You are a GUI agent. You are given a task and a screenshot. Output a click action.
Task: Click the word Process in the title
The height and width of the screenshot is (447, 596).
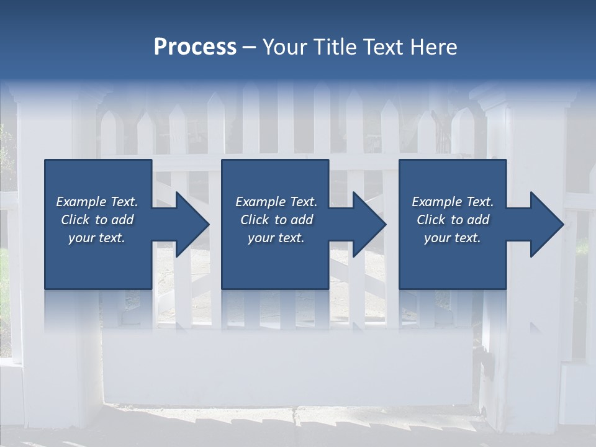195,47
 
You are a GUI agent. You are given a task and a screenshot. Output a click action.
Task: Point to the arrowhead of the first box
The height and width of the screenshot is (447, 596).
192,224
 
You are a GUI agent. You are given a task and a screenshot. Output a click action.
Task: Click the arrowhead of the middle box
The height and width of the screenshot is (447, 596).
369,224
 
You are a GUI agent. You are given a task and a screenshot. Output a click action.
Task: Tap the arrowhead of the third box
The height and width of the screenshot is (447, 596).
547,224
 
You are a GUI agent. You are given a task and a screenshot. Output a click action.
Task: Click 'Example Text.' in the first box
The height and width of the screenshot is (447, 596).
97,202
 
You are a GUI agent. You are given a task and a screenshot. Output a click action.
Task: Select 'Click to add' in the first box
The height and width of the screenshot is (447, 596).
97,220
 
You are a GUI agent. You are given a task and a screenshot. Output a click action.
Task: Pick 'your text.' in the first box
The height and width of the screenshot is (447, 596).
97,238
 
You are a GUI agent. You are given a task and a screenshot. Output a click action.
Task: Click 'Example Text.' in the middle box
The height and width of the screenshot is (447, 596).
276,202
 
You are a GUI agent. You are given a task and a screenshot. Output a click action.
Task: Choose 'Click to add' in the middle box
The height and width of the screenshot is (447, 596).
276,220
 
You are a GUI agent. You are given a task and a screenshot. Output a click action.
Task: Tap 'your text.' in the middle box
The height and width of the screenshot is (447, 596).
276,238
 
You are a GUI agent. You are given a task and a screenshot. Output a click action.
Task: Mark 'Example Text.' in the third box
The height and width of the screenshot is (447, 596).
453,202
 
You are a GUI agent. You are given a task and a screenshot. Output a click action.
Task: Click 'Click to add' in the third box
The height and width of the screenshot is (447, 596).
453,220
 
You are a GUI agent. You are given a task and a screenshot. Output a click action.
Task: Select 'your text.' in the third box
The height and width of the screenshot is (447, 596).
453,238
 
